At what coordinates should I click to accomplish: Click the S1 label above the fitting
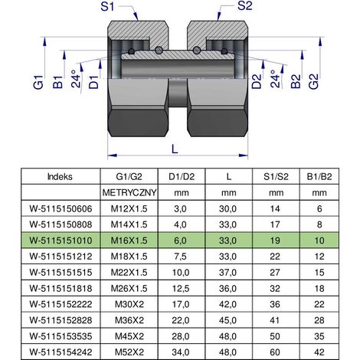[x=107, y=6]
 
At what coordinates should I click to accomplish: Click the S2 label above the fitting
[x=244, y=6]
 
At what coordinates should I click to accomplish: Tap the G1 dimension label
[x=38, y=81]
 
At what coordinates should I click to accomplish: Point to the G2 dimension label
[x=313, y=81]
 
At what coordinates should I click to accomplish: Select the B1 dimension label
[x=58, y=82]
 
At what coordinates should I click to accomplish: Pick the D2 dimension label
[x=257, y=81]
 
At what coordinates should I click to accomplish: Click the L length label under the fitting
[x=175, y=149]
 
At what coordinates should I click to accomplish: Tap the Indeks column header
[x=60, y=176]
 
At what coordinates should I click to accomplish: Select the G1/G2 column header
[x=129, y=176]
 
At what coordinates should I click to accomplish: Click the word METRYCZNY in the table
[x=129, y=192]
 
